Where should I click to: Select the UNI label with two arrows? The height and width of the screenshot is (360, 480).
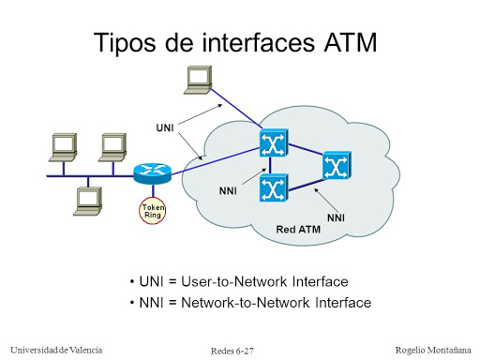tap(164, 127)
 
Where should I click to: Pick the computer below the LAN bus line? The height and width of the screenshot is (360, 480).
tap(90, 199)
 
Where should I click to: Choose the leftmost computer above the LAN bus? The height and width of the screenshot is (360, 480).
tap(62, 146)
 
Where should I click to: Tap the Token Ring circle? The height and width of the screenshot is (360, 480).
tap(153, 210)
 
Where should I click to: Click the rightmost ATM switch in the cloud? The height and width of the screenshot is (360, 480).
tap(335, 166)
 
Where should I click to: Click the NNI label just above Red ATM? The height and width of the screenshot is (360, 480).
tap(336, 217)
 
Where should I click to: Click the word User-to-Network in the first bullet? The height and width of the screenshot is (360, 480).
tap(225, 282)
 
